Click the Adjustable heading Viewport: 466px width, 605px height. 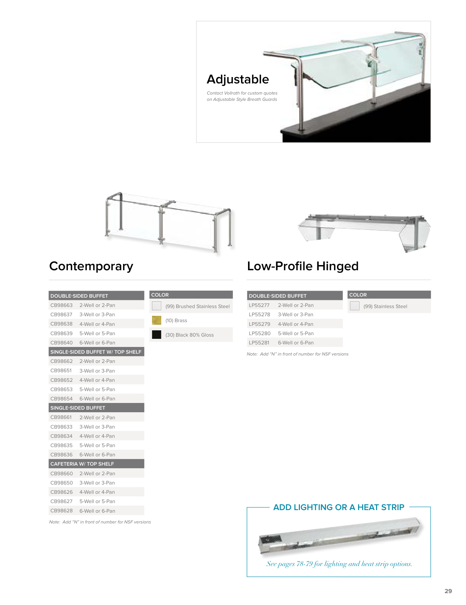coord(238,79)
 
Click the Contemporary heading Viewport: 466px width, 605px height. coord(91,266)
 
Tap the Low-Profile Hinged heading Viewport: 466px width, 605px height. coord(303,266)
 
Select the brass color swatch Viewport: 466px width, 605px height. coord(156,320)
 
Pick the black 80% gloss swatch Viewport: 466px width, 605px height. coord(156,335)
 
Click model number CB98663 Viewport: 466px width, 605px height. coord(62,305)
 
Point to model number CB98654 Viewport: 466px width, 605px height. coord(62,399)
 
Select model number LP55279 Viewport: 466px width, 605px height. coord(260,324)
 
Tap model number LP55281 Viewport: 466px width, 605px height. coord(259,343)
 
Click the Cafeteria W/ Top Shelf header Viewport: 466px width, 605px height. coord(82,464)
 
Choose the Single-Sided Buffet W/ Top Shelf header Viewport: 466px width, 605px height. coord(96,352)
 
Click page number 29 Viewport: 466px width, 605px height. coord(448,591)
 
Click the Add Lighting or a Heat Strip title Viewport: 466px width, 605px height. coord(338,508)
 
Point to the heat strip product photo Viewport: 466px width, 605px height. coord(340,536)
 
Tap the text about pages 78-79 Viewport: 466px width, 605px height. coord(339,564)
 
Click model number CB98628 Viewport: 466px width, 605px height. coord(62,511)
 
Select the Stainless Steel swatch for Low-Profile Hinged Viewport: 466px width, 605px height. coord(355,306)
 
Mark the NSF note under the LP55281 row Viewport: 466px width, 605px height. coord(297,354)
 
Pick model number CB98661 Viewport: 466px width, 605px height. coord(61,417)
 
